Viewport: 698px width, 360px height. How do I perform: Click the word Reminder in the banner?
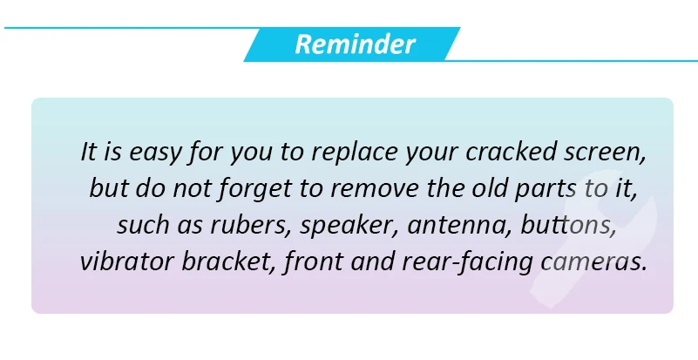[x=355, y=44]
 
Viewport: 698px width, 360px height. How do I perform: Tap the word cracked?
[x=511, y=152]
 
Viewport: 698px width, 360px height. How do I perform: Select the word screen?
[x=605, y=153]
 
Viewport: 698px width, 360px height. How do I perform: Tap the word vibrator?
[x=127, y=262]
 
